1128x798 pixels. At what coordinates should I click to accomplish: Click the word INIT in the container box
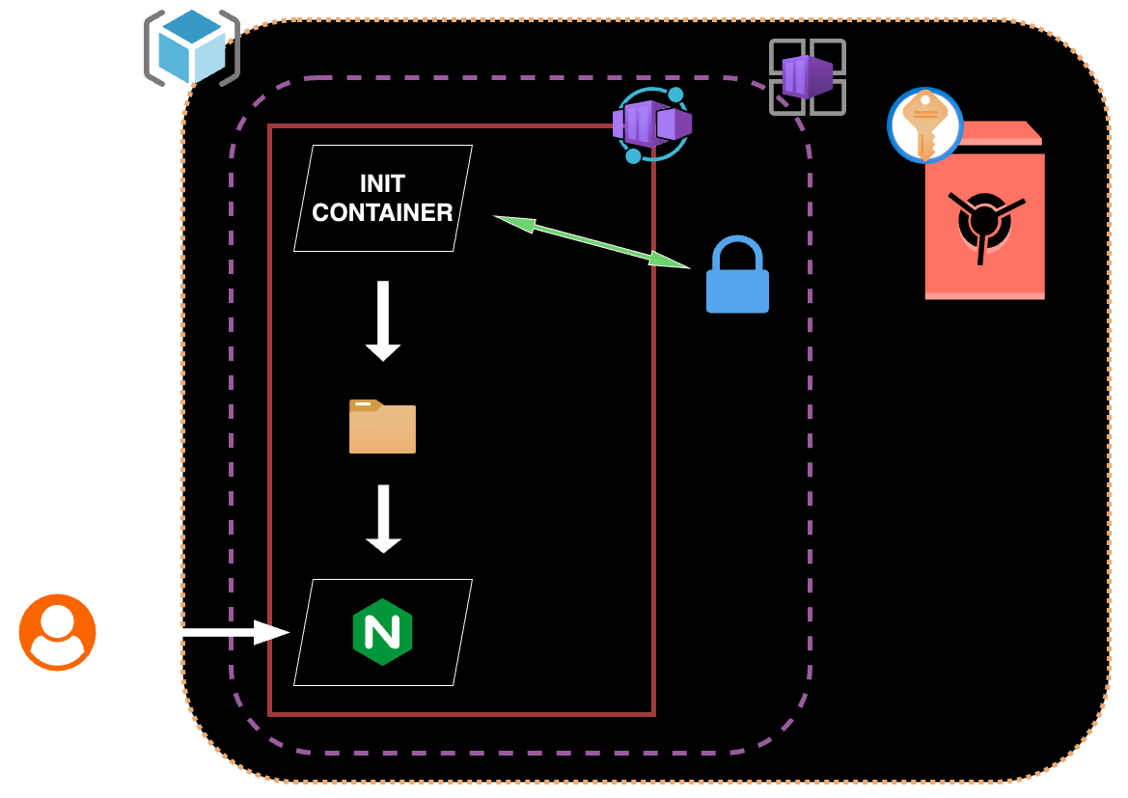tap(382, 183)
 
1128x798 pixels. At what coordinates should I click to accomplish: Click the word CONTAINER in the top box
tap(382, 213)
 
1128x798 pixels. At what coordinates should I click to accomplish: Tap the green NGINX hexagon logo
tap(382, 632)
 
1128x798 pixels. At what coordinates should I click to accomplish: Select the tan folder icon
tap(382, 427)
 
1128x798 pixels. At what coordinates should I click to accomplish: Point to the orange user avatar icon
tap(57, 632)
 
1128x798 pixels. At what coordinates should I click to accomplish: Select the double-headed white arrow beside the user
tap(202, 633)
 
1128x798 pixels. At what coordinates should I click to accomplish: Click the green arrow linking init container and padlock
tap(592, 240)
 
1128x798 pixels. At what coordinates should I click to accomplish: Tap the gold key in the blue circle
tap(924, 124)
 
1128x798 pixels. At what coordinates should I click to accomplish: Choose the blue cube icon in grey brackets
tap(191, 45)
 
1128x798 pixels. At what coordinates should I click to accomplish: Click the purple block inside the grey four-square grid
tap(807, 77)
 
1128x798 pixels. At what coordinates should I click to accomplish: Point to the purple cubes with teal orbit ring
tap(651, 124)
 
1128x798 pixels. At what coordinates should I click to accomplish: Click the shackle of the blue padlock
tap(737, 253)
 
